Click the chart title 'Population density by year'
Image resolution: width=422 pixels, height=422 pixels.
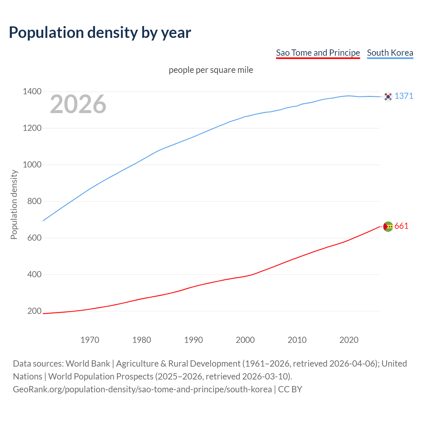point(100,33)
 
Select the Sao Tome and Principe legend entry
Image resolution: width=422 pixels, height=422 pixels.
point(318,53)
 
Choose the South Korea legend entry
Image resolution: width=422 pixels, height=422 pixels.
point(390,53)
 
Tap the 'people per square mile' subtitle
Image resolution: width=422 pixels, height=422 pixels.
point(211,70)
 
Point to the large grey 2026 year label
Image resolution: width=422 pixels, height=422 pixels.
point(78,104)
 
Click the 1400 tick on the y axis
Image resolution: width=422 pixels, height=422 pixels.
point(32,92)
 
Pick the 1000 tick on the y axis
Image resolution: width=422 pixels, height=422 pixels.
point(32,165)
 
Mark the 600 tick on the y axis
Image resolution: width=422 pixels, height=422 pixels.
point(34,238)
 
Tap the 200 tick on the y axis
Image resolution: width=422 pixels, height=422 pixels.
point(34,311)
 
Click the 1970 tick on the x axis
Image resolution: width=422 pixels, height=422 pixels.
point(90,340)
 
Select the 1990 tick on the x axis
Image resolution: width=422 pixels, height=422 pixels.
point(194,340)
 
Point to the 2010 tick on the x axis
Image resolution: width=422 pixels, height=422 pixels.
point(297,340)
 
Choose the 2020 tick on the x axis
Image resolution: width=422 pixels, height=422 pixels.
point(349,340)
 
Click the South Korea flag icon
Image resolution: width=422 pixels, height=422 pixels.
point(388,96)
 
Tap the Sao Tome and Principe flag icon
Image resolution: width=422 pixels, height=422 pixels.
point(388,226)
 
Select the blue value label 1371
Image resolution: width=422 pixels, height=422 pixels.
point(404,96)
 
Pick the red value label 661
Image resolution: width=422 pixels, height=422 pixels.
point(401,226)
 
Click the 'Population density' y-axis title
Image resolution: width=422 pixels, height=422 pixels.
point(14,204)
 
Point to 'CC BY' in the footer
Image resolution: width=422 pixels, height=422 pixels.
point(290,389)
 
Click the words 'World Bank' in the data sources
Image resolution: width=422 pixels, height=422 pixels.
point(88,364)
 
